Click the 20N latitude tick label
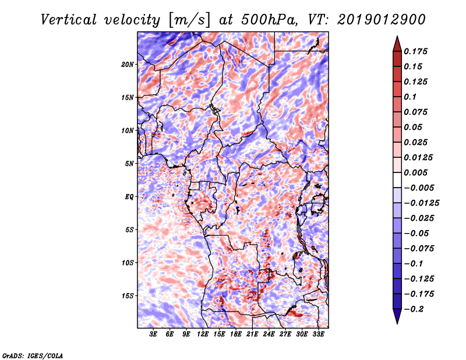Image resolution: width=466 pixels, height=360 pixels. point(128,65)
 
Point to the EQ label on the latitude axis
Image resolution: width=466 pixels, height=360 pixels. point(129,197)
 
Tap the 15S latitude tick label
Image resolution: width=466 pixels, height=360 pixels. point(128,296)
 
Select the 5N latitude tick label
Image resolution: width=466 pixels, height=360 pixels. point(129,164)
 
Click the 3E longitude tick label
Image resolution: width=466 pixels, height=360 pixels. point(153,334)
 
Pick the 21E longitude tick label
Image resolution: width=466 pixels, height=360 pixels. point(252,334)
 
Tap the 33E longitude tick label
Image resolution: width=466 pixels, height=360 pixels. point(318,334)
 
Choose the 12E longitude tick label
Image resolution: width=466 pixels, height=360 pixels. point(202,334)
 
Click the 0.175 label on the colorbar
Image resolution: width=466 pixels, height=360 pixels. point(415,51)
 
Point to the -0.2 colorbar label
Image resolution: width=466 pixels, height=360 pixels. point(414,309)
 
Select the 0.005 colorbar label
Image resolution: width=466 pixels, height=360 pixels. point(415,172)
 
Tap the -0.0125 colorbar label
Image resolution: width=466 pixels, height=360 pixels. point(421,203)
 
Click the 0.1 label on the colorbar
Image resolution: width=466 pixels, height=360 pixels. point(410,97)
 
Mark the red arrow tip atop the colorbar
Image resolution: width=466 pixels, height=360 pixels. point(397,36)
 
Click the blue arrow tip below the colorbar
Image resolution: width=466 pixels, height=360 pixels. point(397,323)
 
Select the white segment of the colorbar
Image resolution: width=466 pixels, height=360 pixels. point(397,180)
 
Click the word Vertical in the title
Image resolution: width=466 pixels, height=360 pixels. point(69,20)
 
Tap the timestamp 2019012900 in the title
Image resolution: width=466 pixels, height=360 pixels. point(382,20)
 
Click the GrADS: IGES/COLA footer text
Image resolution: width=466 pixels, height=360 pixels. point(33,355)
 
